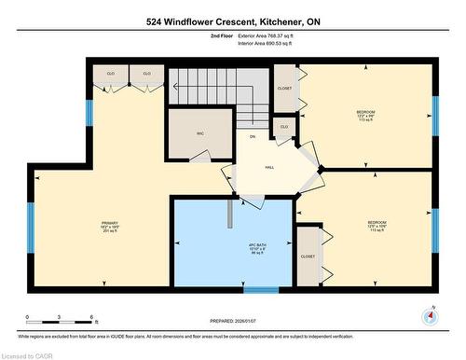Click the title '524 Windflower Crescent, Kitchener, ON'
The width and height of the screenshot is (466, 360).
point(232,20)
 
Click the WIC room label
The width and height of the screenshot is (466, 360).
point(199,134)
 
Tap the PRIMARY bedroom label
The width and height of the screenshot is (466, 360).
point(104,225)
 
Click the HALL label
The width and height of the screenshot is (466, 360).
point(269,168)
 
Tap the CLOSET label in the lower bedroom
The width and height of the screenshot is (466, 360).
point(308,256)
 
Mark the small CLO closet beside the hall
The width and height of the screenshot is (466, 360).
point(284,126)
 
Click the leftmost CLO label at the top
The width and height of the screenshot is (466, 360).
point(110,72)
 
